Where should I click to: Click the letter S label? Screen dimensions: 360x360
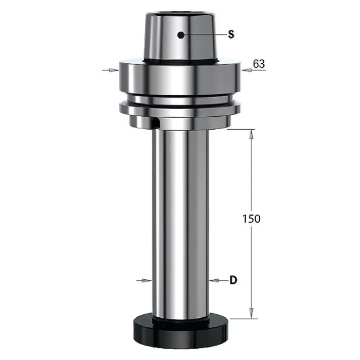point(231,34)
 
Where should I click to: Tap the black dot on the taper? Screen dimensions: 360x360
point(181,35)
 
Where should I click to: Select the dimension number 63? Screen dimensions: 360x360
point(259,64)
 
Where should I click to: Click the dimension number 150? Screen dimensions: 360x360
point(251,219)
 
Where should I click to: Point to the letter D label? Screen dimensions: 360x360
point(233,280)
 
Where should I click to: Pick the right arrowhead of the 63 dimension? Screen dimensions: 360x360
point(246,70)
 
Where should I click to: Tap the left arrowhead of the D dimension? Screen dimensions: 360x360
point(147,280)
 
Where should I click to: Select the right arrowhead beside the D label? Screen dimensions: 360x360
point(214,280)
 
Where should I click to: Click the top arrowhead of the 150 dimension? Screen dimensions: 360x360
point(251,134)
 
